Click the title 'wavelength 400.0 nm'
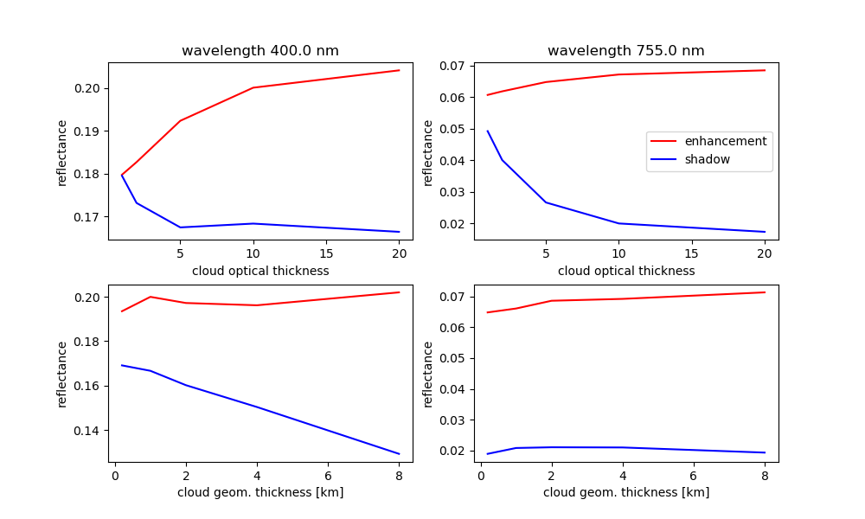tap(259, 51)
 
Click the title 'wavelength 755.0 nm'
tap(626, 51)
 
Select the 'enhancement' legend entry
tap(725, 141)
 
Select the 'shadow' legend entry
tap(707, 159)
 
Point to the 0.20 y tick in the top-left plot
tap(90, 88)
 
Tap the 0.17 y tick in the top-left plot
tap(90, 217)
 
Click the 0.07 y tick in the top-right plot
tap(456, 66)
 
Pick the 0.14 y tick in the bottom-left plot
tap(90, 431)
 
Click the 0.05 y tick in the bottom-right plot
tap(456, 358)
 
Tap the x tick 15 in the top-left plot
tap(326, 253)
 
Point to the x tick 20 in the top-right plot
tap(765, 253)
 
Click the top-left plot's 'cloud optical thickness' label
tap(260, 271)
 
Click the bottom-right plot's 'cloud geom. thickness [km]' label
tap(626, 492)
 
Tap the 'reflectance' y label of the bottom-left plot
tap(62, 374)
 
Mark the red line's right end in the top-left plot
tap(399, 70)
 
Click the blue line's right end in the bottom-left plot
tap(399, 453)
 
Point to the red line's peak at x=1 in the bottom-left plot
tap(151, 297)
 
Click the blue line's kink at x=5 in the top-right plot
tap(546, 202)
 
